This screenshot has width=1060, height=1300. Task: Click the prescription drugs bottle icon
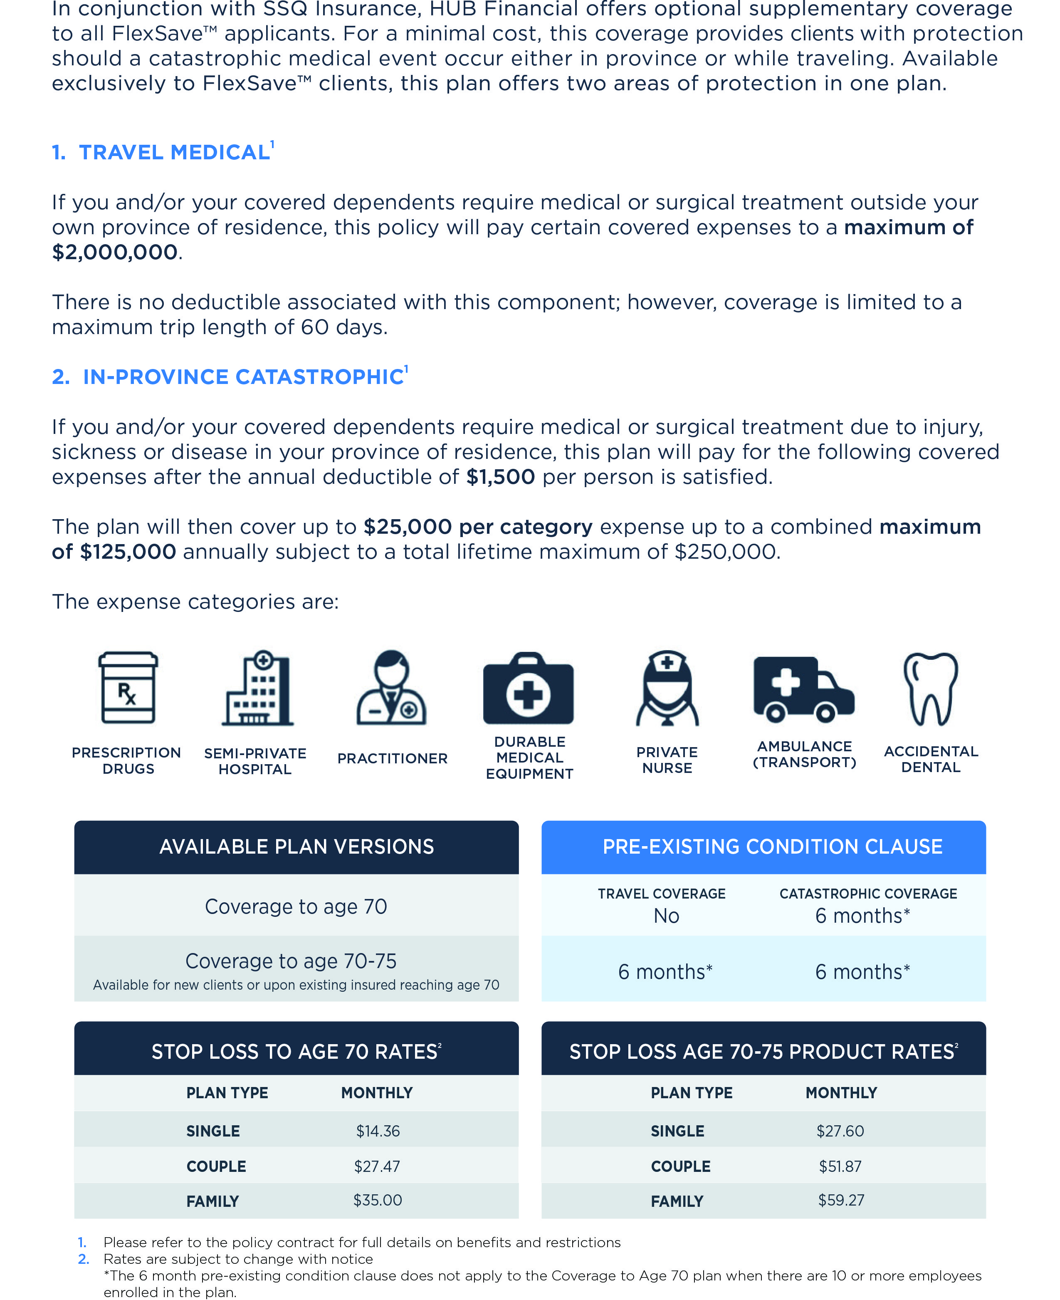[128, 688]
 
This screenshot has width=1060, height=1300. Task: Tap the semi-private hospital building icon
[258, 688]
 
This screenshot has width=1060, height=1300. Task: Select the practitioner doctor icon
[391, 688]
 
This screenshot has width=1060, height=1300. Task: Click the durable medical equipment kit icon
[528, 689]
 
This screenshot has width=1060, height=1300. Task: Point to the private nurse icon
[667, 688]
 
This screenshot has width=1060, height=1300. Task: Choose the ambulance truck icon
[803, 689]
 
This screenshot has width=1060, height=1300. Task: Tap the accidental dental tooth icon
[931, 688]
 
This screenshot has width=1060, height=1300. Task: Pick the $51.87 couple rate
[840, 1166]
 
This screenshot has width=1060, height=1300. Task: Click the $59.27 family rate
[841, 1201]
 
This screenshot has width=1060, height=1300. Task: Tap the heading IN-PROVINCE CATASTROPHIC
[243, 377]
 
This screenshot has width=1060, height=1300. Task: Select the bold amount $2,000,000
[115, 252]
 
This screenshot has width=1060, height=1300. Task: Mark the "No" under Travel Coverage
[666, 916]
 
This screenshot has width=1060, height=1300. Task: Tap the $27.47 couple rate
[377, 1166]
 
